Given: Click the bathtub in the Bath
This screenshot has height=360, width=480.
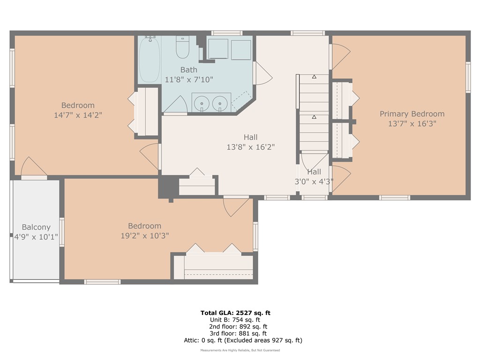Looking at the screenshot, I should pos(150,60).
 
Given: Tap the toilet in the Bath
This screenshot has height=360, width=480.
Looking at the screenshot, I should pos(182,47).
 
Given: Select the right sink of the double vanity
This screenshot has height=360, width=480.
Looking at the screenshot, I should pos(219,102).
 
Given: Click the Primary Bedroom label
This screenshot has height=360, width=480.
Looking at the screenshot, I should pos(412,114).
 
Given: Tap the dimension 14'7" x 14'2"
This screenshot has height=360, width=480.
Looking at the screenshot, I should pos(78,115).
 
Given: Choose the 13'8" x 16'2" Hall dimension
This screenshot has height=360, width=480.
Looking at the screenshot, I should pos(250,147).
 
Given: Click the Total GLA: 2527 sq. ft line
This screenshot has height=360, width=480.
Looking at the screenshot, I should pos(235,313).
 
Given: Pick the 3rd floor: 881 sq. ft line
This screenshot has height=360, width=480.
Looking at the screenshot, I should pos(238,333).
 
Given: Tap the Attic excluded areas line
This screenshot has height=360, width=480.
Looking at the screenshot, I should pos(243,340).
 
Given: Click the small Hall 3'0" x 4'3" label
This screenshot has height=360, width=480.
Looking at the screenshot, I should pos(314,177).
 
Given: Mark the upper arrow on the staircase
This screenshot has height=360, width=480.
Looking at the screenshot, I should pos(314,76).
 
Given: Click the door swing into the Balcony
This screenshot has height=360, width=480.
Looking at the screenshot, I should pos(32,167).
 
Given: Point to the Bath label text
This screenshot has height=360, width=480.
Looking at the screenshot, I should pos(189,70).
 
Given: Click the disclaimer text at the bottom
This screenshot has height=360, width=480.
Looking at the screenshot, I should pos(240,351).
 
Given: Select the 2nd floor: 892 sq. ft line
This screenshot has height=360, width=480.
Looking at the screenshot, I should pos(238,327).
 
